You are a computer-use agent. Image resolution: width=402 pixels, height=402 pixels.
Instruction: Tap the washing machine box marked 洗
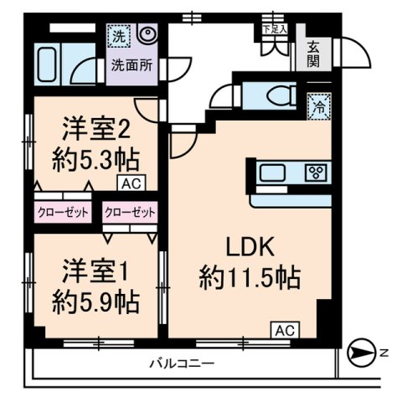pos(119,36)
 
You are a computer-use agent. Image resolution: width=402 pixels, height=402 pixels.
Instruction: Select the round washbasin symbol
pos(147,35)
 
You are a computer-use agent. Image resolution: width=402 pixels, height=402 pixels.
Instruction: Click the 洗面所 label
pos(133,64)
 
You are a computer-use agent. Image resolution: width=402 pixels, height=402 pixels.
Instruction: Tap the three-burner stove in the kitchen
pos(317,173)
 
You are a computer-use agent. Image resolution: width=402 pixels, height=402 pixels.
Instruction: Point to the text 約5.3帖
pos(94,158)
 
